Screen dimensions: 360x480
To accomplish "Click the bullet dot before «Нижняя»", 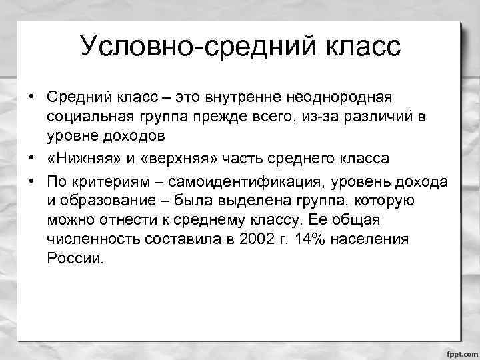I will (x=32, y=159).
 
